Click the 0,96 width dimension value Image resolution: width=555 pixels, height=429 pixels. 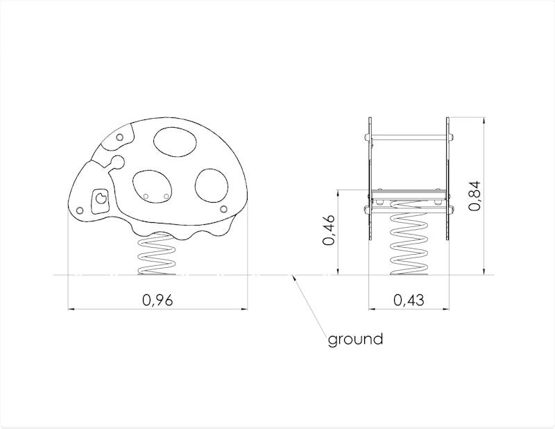(157, 301)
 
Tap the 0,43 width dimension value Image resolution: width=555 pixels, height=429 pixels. (409, 301)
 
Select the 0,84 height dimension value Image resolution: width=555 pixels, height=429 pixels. (475, 196)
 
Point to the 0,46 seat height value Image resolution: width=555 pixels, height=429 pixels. (328, 230)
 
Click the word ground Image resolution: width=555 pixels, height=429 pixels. (355, 339)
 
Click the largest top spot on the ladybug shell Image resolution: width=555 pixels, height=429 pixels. (175, 142)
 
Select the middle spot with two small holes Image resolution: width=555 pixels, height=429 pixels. (152, 186)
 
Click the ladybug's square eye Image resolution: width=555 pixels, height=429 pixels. (100, 201)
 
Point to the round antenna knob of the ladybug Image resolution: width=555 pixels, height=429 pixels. (118, 162)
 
